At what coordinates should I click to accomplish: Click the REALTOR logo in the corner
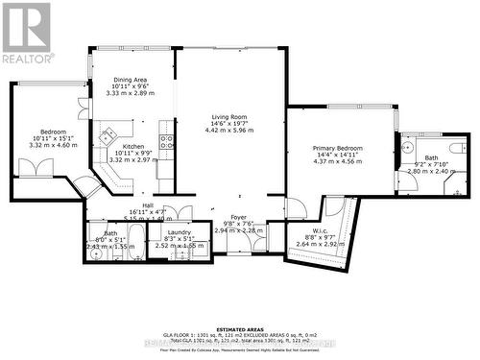pyautogui.click(x=26, y=34)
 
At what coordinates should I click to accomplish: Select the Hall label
pyautogui.click(x=148, y=205)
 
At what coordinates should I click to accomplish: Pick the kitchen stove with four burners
pyautogui.click(x=165, y=143)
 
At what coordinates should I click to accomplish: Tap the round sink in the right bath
pyautogui.click(x=408, y=147)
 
